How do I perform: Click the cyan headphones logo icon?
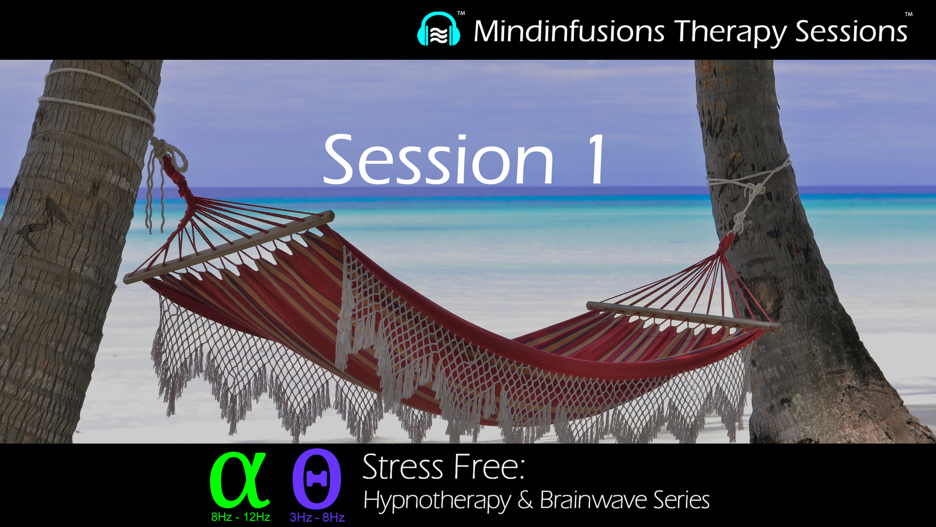click(x=439, y=30)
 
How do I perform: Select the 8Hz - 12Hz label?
click(x=241, y=517)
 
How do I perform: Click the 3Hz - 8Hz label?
click(x=317, y=517)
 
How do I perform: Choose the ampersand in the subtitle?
click(x=525, y=500)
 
